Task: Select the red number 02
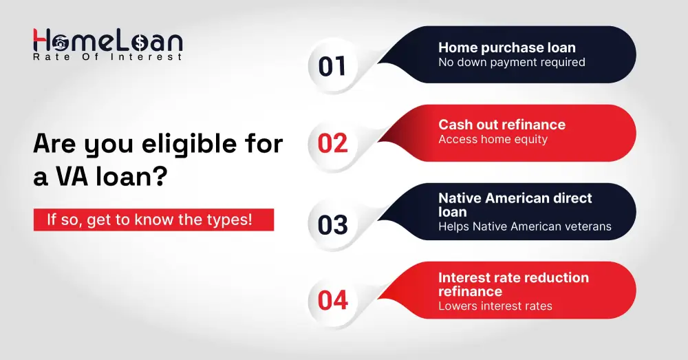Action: click(332, 144)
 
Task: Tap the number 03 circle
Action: click(332, 224)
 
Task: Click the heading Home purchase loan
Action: click(507, 47)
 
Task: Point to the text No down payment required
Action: click(512, 63)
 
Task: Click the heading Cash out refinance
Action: click(502, 125)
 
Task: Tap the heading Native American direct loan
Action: click(515, 205)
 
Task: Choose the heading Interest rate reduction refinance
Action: click(513, 284)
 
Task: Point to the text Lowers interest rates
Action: click(495, 306)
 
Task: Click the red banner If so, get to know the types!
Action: click(153, 220)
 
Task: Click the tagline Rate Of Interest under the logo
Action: click(107, 57)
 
